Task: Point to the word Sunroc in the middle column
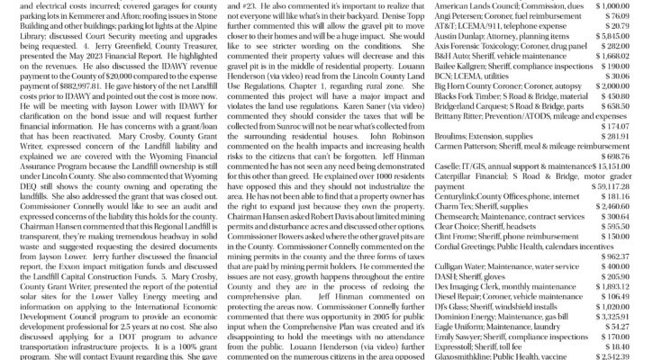[x=309, y=129]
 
